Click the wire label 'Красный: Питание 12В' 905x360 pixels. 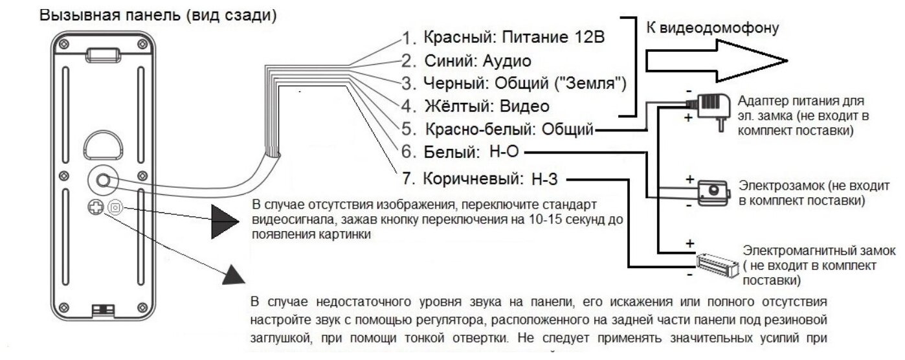coord(514,36)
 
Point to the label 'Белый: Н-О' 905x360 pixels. coord(472,153)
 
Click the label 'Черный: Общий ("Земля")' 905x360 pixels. coord(525,83)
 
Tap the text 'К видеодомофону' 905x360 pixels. coord(711,28)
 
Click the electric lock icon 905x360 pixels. coord(712,190)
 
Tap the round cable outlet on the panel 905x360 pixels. coord(102,181)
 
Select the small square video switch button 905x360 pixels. coord(115,207)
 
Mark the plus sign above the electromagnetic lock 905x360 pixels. coord(690,243)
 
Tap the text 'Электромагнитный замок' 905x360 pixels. coord(819,251)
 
